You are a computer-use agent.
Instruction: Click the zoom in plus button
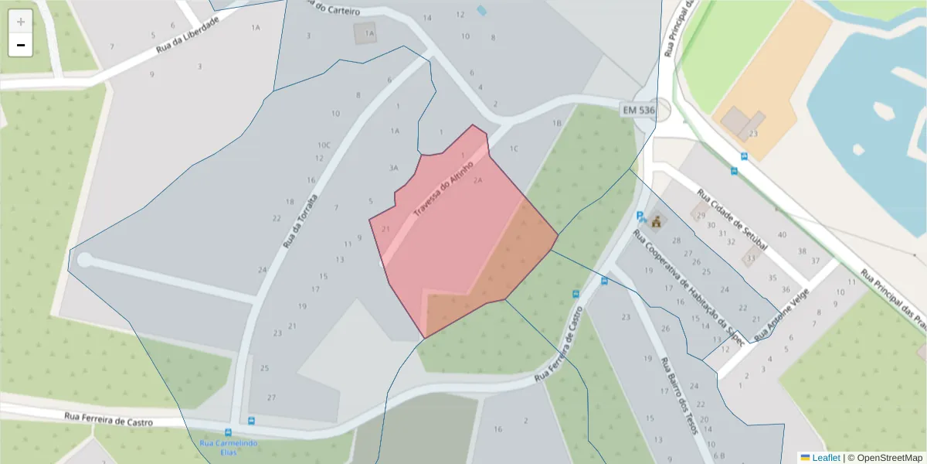coord(21,22)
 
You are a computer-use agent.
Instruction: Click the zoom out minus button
coord(21,45)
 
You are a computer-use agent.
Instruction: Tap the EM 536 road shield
coord(638,111)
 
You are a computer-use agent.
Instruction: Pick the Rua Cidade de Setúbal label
coord(732,220)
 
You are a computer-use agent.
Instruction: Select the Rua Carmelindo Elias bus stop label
coord(229,447)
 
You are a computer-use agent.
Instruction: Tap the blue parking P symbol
coord(640,217)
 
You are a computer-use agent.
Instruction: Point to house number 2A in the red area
coord(477,180)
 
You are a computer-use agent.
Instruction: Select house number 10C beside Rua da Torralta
coord(324,145)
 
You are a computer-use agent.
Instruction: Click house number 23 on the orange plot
coord(753,134)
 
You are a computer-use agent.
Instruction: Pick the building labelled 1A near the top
coord(369,33)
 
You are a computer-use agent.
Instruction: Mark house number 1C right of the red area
coord(514,148)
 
